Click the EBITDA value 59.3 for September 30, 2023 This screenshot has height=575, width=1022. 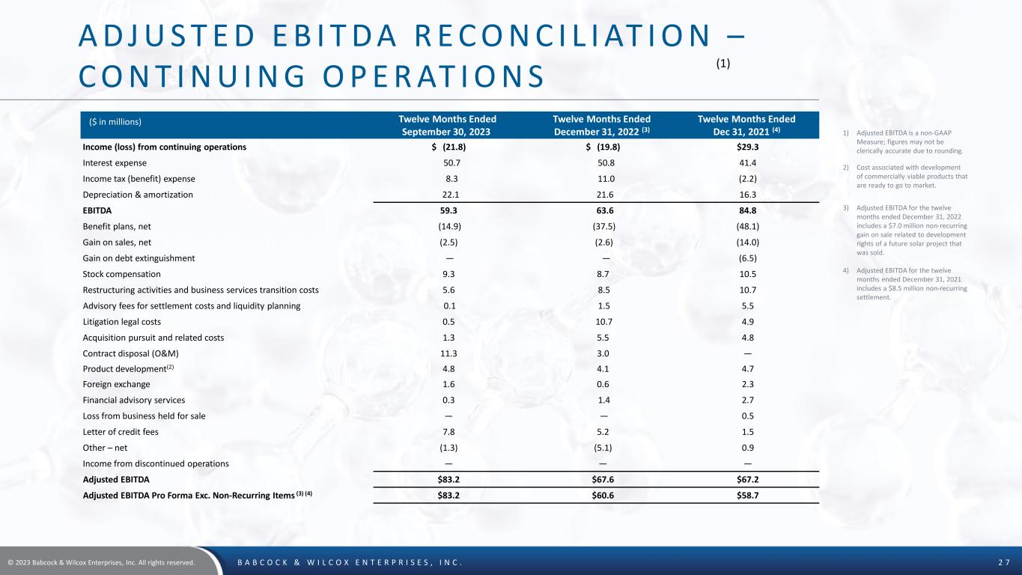coord(447,210)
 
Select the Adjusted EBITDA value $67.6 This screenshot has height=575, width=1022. coord(601,478)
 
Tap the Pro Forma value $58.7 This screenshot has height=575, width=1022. coord(746,495)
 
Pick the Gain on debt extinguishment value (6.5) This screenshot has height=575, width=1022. coord(746,258)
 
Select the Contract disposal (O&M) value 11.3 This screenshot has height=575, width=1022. coord(447,353)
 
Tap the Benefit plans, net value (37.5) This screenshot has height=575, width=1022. coord(601,226)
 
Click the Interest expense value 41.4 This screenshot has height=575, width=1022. coord(746,162)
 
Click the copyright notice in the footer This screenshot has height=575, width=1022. coord(102,562)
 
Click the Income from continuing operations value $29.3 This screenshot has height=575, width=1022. coord(746,147)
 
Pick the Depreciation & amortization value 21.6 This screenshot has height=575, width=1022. coord(601,195)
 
